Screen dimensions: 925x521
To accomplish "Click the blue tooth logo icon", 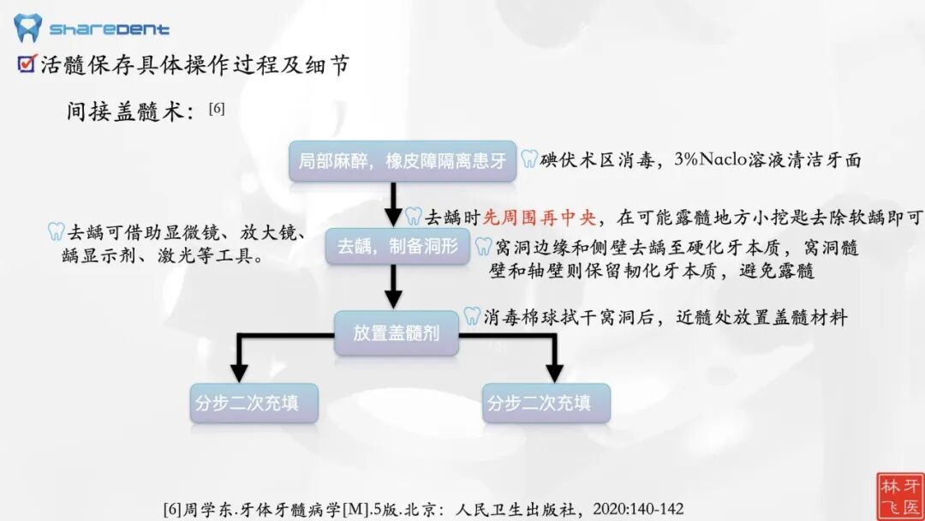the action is point(27,27).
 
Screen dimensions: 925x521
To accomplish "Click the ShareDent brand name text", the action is point(109,29).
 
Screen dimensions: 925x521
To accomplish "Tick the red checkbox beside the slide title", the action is point(27,63).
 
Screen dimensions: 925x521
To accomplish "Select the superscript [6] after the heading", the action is point(217,108).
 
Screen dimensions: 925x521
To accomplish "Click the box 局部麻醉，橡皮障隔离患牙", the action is point(403,161).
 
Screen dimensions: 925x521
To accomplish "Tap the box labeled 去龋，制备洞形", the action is point(397,247).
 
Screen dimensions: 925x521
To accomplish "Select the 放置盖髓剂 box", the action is point(397,332).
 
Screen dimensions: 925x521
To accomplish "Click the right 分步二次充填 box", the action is point(546,403).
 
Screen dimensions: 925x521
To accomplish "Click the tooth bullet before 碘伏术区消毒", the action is point(529,159).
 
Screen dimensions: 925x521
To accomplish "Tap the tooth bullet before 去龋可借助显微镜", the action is point(56,231).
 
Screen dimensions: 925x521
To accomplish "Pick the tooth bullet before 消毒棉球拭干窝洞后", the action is point(472,316).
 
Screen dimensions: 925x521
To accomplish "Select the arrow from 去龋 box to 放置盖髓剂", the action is point(393,287).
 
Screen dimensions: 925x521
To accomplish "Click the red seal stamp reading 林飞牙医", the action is point(899,494).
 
